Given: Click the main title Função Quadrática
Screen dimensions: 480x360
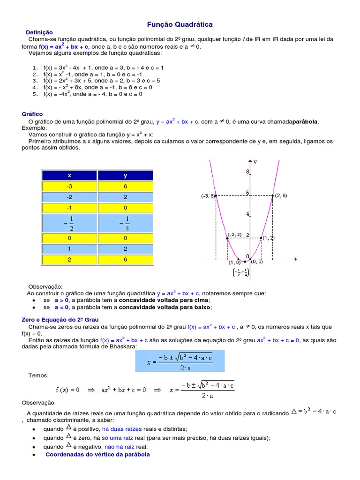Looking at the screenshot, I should coord(180,24).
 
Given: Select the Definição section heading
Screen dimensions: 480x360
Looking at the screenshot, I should coord(39,32).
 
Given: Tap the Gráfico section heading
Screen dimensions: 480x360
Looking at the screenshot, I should coord(32,114).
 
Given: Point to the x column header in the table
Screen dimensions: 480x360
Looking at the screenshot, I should coord(69,175).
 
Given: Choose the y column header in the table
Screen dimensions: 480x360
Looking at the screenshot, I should coord(125,175).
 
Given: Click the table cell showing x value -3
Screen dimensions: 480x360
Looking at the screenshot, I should coord(69,186).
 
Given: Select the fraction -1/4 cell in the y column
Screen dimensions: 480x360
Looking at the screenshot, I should coord(125,223).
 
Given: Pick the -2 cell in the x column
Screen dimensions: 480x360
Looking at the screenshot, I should coord(69,197).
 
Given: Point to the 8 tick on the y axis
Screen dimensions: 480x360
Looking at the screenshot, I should coord(247,172).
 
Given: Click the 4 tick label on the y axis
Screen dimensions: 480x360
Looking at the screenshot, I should coord(247,214).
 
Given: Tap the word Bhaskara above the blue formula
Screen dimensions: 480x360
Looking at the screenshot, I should coord(123,346).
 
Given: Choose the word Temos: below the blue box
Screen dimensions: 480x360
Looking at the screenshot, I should coord(38,375).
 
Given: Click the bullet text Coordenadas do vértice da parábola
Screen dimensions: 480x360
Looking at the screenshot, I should coord(97,455).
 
